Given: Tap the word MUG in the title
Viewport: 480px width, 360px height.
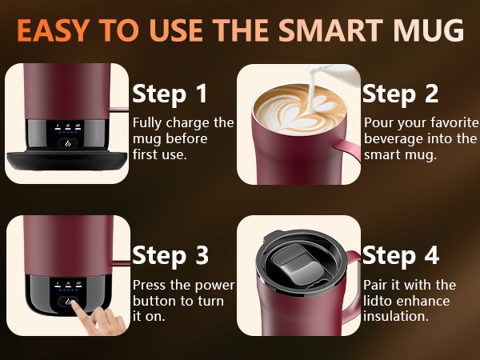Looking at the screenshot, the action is click(429, 30).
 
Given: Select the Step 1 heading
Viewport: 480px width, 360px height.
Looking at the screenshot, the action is click(170, 94).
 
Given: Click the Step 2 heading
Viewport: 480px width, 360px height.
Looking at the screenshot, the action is click(401, 94).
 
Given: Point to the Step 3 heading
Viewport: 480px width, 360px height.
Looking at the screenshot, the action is click(170, 256).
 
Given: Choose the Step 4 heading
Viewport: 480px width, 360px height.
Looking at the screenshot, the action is click(401, 256).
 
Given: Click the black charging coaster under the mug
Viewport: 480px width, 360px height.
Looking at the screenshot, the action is click(67, 160).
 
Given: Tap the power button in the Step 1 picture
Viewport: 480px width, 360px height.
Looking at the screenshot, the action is click(68, 143).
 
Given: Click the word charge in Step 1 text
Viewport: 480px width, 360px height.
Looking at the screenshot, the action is click(188, 123).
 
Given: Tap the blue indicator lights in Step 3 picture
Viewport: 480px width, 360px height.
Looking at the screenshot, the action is click(68, 290).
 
